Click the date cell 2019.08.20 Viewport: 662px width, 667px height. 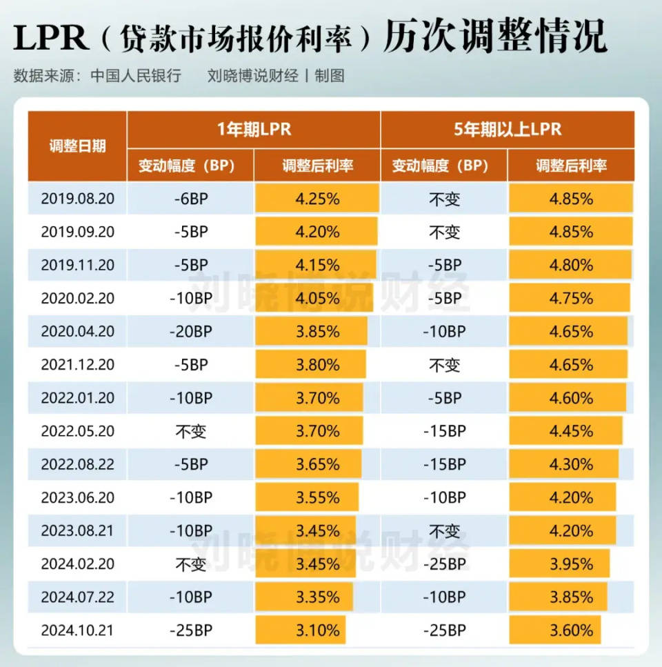77,199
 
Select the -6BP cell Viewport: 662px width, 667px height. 190,199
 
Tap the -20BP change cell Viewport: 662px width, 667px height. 190,332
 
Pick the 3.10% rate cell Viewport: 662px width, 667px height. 317,630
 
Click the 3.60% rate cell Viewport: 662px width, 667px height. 571,630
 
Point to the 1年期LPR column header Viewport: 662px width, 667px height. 253,130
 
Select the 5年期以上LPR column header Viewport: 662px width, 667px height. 507,130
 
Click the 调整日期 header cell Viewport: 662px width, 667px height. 77,146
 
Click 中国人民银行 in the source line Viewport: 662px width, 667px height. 136,76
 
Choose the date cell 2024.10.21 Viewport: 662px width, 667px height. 77,630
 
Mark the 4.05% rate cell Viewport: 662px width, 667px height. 317,299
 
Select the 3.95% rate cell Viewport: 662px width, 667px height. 571,564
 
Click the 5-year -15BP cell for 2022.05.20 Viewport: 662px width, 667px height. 444,432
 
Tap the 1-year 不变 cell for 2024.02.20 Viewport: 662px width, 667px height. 190,564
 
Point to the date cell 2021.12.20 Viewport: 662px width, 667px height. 77,365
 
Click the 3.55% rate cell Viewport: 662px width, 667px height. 317,498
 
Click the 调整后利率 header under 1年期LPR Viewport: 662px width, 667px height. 317,166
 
